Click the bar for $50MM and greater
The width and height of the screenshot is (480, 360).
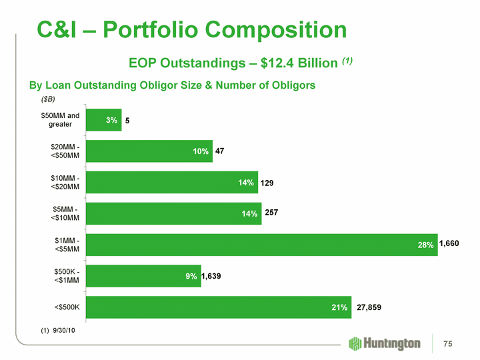tap(103, 120)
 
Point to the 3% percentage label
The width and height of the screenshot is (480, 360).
tap(111, 120)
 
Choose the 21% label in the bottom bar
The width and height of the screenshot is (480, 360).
tap(339, 307)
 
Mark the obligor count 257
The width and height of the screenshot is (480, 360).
tap(272, 213)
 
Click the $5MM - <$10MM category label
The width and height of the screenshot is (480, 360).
tap(65, 213)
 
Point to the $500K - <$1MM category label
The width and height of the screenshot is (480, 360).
tap(65, 276)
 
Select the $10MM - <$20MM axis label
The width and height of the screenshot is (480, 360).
tap(65, 182)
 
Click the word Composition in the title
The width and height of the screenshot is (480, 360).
tap(269, 30)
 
